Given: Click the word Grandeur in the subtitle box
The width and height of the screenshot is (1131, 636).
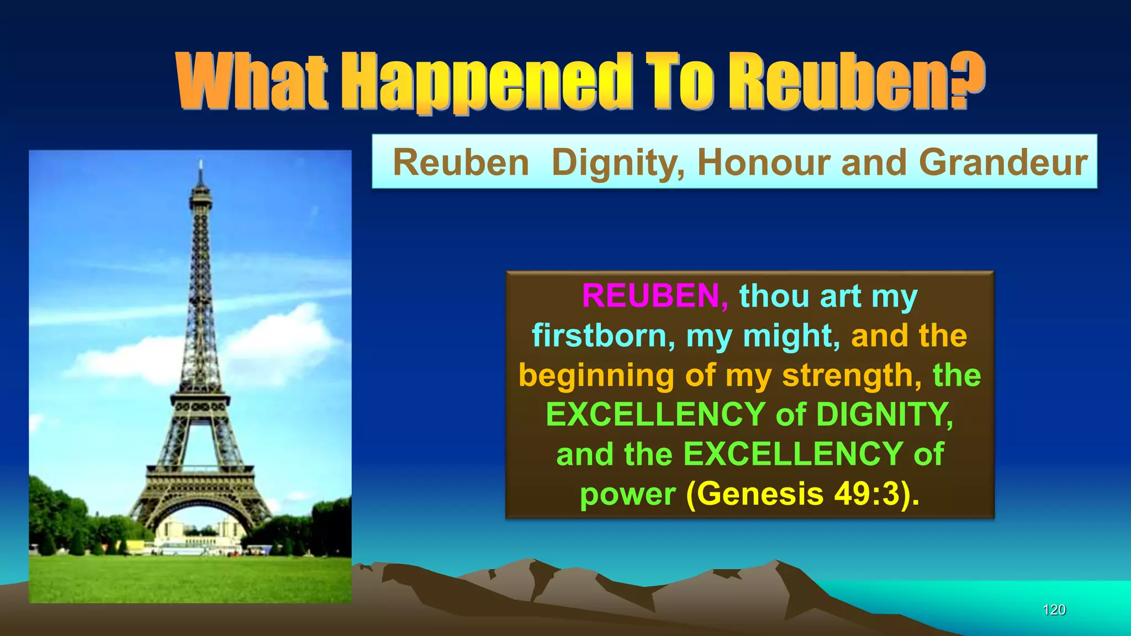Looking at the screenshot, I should [x=1003, y=162].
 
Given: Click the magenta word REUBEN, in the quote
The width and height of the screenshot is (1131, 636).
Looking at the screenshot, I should [x=655, y=296].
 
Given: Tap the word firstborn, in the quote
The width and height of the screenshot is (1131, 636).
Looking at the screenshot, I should [x=603, y=336].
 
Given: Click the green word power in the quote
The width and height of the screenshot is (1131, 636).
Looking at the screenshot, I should [x=627, y=495].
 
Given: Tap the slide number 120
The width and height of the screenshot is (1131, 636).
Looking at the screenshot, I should [x=1054, y=609].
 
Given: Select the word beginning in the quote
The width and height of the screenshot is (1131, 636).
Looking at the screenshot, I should [x=596, y=376].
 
